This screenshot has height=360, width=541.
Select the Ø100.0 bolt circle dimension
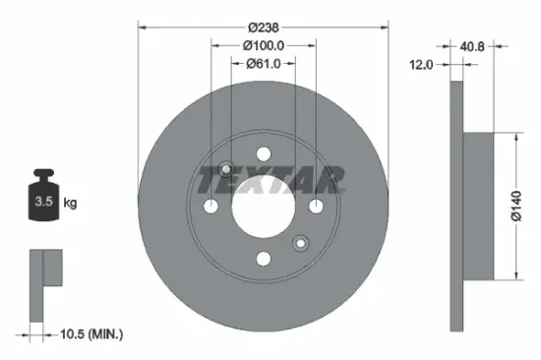[x=264, y=45]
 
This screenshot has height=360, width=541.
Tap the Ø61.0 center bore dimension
[x=264, y=63]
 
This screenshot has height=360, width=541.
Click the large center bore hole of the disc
[x=263, y=206]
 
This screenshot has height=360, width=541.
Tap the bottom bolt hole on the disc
[x=263, y=258]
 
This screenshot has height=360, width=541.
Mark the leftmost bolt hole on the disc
[x=211, y=206]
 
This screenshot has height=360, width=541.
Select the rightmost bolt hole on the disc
[x=315, y=206]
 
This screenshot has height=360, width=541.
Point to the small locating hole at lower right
[x=300, y=241]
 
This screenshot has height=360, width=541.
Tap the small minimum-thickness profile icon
[x=44, y=284]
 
